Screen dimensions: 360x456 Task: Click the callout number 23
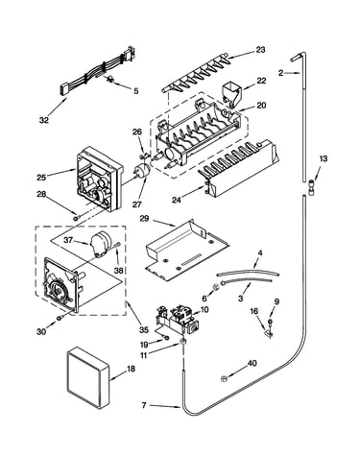click(x=261, y=50)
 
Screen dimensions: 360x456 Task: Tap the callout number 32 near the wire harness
click(x=44, y=120)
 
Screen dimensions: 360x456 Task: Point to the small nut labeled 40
click(x=224, y=378)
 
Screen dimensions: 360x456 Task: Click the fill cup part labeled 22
click(x=231, y=92)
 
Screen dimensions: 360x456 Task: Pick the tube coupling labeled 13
click(x=310, y=186)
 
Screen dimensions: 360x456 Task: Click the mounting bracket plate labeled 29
click(x=187, y=248)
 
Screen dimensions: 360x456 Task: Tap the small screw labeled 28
click(x=76, y=218)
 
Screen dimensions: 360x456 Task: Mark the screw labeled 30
click(x=60, y=318)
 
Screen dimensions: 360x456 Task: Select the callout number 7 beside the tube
click(x=144, y=405)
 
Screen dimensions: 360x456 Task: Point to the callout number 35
click(x=144, y=329)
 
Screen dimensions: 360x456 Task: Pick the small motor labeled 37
click(x=99, y=245)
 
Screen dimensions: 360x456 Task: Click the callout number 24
click(x=177, y=200)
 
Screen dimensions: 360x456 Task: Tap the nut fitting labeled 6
click(x=215, y=285)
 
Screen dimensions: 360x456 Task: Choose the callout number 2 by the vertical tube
click(x=280, y=73)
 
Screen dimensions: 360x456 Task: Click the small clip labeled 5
click(x=110, y=79)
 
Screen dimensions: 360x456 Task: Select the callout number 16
click(x=253, y=311)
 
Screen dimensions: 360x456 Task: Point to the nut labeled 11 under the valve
click(x=182, y=342)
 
